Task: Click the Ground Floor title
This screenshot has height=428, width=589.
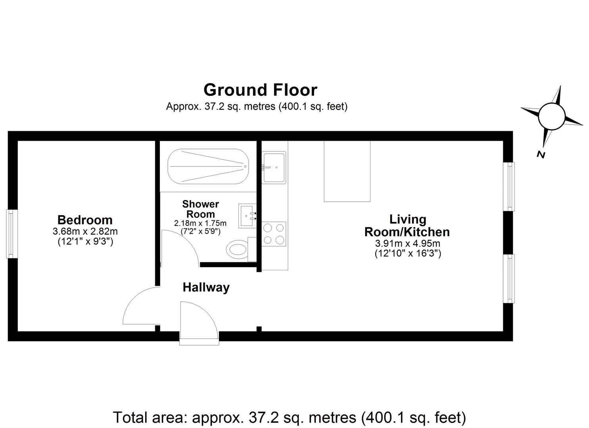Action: click(x=260, y=90)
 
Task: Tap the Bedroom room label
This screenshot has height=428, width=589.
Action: click(x=85, y=220)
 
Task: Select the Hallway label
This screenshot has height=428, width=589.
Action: click(x=206, y=287)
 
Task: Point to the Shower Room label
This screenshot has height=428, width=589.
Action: click(x=200, y=209)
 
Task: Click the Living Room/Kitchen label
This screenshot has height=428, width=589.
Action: click(x=407, y=225)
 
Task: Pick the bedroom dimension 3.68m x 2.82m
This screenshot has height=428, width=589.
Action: click(x=85, y=231)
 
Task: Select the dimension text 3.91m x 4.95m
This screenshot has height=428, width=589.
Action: click(x=408, y=243)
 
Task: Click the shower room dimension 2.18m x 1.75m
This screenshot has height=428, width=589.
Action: click(x=200, y=224)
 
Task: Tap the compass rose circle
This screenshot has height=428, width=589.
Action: click(x=551, y=116)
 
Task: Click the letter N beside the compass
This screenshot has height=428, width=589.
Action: click(x=541, y=155)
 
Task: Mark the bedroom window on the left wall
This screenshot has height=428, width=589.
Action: click(x=12, y=234)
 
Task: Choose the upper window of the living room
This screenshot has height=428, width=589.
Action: click(x=509, y=186)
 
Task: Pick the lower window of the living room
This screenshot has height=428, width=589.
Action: click(x=509, y=279)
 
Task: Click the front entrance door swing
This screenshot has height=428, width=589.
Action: click(x=198, y=323)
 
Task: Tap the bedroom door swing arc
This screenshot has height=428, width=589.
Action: click(x=139, y=307)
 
